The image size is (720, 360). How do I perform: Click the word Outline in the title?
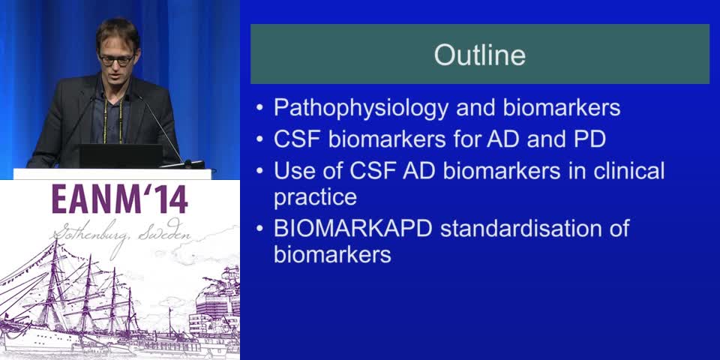coord(480,55)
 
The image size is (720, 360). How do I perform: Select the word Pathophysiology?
coord(361,108)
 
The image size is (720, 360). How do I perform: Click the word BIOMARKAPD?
coord(352,228)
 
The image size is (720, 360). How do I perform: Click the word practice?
coord(315,197)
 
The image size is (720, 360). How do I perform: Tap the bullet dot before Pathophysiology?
coord(260,109)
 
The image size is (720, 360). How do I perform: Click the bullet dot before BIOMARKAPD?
coord(260,229)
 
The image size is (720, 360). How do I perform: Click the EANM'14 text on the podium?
coord(120,199)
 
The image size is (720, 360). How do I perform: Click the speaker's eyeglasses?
coord(117,59)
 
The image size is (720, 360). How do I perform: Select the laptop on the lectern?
coord(120,156)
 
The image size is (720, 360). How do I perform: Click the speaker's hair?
coord(118,33)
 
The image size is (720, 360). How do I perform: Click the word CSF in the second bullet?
coord(297,139)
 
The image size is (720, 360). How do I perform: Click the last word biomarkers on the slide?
coord(332,254)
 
